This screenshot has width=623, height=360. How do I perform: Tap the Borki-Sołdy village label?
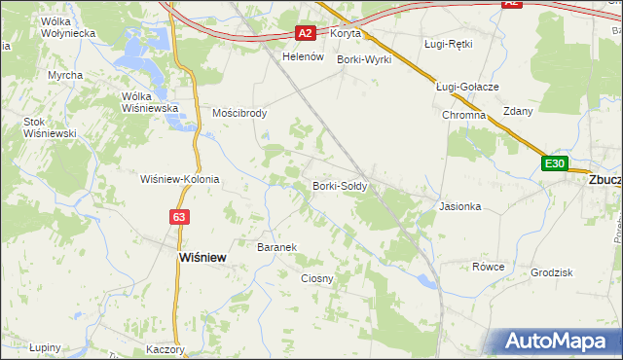pos(339,185)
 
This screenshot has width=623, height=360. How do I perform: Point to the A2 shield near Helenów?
pos(306,33)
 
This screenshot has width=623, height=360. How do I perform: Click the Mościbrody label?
pos(239,113)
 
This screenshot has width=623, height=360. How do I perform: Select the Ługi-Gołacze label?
pos(467,87)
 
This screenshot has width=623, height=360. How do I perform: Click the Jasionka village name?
pos(460,206)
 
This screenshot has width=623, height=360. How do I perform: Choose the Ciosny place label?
pos(317,278)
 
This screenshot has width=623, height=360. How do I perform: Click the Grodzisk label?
pos(551,272)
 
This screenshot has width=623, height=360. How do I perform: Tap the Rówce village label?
pos(488,266)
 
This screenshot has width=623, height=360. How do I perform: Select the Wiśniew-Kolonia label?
pos(180,179)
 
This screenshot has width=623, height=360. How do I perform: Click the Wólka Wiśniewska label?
pos(149,102)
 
